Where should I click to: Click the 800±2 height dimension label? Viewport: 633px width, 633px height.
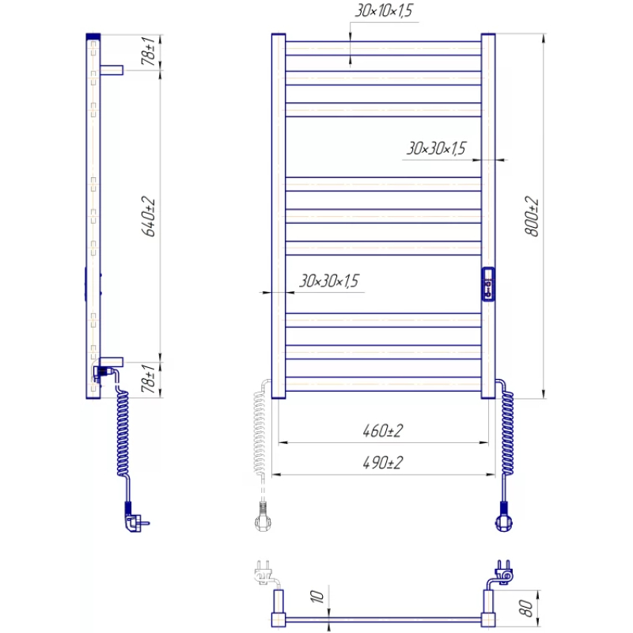tap(532, 216)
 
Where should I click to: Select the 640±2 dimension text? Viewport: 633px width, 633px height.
tap(148, 216)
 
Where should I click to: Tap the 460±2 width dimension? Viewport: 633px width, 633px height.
tap(383, 430)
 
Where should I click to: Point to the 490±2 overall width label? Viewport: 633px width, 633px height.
tap(383, 462)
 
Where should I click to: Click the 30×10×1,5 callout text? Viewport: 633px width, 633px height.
tap(384, 10)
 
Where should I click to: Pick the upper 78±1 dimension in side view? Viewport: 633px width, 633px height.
tap(148, 51)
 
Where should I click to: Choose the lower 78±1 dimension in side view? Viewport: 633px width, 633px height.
tap(148, 378)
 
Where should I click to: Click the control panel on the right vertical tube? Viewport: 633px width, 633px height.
tap(488, 284)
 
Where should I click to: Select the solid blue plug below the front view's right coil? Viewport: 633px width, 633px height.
tap(504, 517)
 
